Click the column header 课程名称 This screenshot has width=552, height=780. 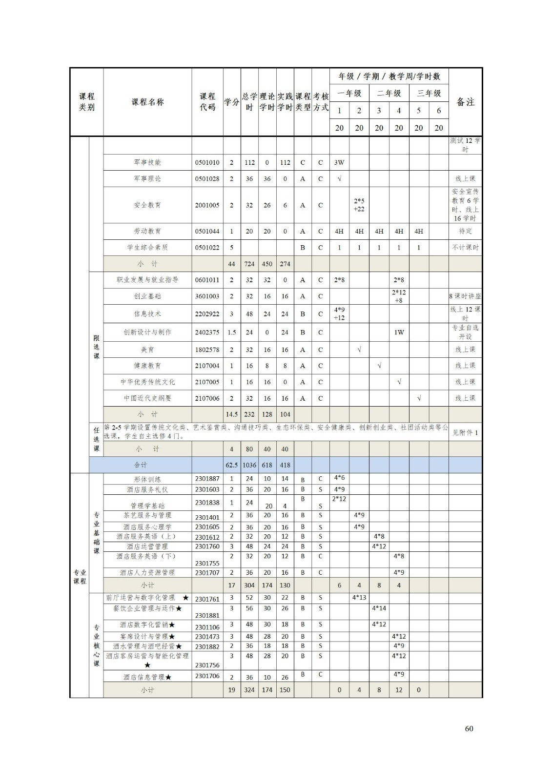(x=147, y=102)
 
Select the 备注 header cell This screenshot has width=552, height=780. (x=465, y=102)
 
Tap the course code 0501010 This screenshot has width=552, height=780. (x=207, y=163)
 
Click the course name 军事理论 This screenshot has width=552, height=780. (x=147, y=179)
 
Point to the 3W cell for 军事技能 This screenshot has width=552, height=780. (x=339, y=163)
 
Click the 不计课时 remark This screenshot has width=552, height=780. (x=465, y=248)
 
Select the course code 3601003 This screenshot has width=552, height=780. (x=207, y=296)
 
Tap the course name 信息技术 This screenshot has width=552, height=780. (x=147, y=314)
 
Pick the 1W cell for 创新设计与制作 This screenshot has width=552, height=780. (x=399, y=332)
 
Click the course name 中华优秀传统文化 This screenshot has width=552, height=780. (x=147, y=382)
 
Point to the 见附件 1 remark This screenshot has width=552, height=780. (x=465, y=433)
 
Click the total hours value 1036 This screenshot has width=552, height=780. (x=249, y=466)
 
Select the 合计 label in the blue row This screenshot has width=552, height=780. (x=141, y=466)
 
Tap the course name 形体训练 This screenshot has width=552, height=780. (x=147, y=479)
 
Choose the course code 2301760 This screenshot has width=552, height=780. (x=207, y=546)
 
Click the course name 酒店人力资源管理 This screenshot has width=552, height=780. (x=147, y=573)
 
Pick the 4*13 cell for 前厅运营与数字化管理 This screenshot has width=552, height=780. (x=359, y=598)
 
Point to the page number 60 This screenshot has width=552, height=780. (x=469, y=729)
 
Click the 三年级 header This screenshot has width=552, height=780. (x=429, y=94)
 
